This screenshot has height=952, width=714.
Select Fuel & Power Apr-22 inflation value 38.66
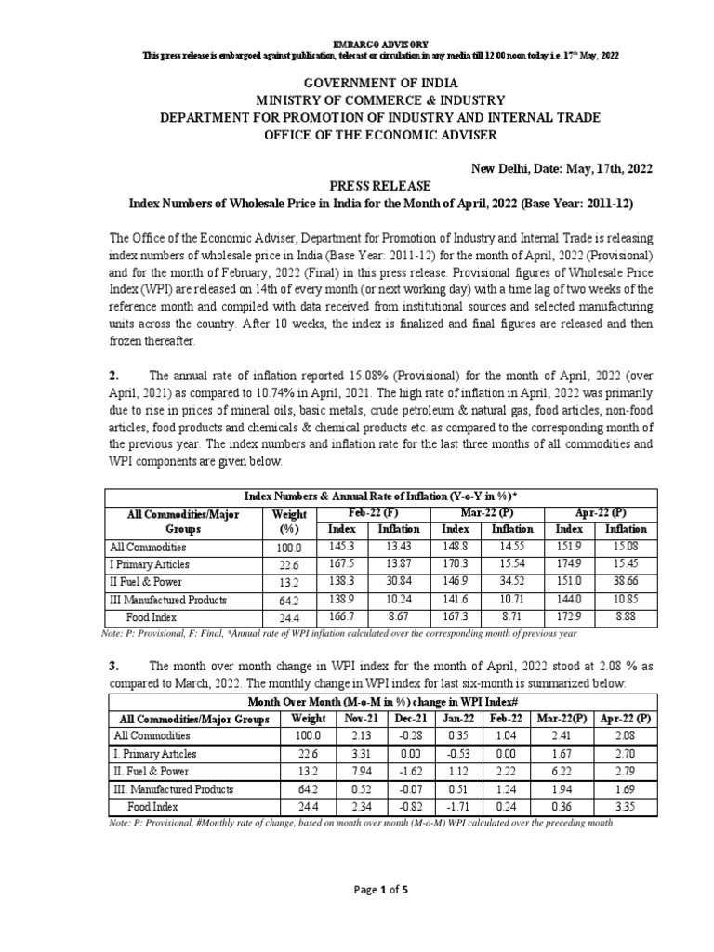(x=627, y=581)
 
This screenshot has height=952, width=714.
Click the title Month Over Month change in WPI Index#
(x=382, y=701)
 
